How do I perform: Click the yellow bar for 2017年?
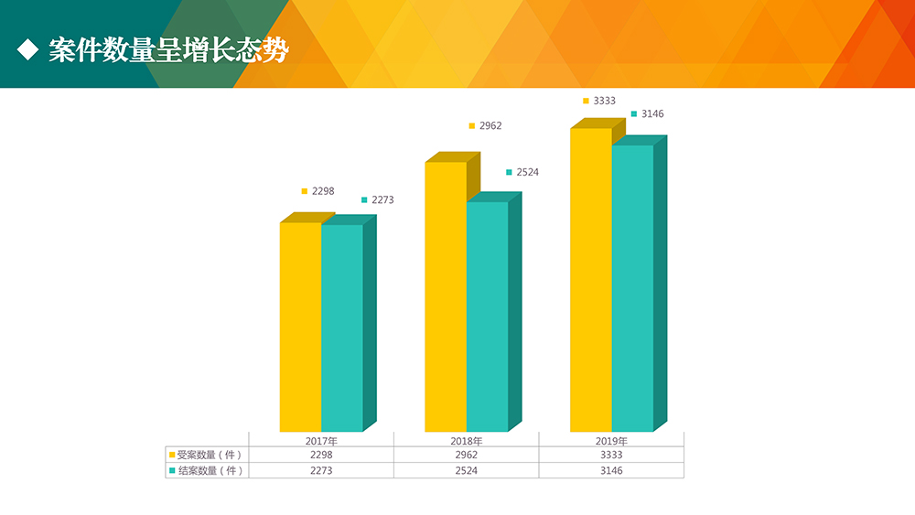(300, 327)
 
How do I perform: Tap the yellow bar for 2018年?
(446, 296)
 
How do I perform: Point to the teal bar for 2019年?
(632, 288)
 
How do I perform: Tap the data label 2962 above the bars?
(490, 125)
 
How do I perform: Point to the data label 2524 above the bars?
(527, 172)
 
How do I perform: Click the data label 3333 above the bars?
(604, 101)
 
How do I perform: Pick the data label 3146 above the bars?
(652, 113)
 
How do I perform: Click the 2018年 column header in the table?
(467, 440)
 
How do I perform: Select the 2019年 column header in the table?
(611, 440)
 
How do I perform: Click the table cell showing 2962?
(466, 455)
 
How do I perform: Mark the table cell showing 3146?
(611, 470)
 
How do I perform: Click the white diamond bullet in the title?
(28, 50)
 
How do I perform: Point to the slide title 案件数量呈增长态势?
(168, 50)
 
